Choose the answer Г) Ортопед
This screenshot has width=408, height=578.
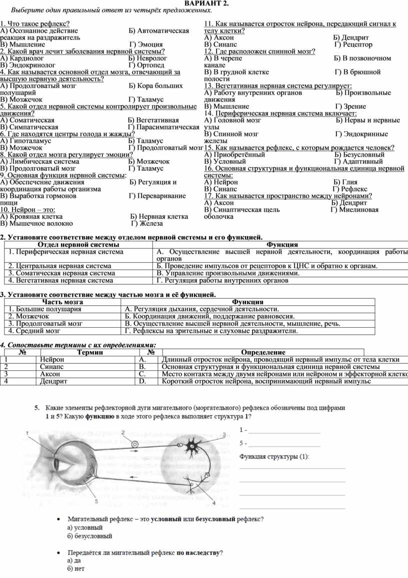pyautogui.click(x=146, y=65)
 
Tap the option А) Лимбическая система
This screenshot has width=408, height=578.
pyautogui.click(x=39, y=162)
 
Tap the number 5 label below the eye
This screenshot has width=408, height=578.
pyautogui.click(x=96, y=500)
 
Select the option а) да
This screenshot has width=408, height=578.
pyautogui.click(x=74, y=561)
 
